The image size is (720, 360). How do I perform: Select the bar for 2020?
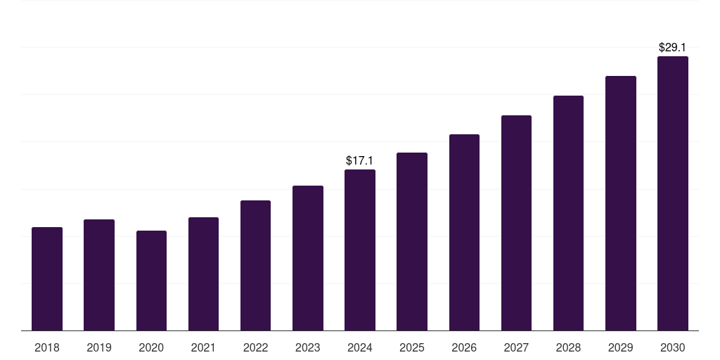(151, 281)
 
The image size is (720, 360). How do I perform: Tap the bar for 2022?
(255, 265)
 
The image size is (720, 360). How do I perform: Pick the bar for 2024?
(360, 250)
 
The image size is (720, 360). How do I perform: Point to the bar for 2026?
(464, 232)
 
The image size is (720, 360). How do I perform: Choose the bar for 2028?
(568, 213)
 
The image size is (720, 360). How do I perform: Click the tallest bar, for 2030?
(673, 193)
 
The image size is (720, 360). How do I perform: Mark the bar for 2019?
(99, 275)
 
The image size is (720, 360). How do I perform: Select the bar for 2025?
(412, 241)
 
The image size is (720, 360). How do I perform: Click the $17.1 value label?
(360, 161)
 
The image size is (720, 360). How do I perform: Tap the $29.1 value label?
(673, 48)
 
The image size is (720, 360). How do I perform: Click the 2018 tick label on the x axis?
(47, 347)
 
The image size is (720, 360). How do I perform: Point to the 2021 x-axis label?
(203, 347)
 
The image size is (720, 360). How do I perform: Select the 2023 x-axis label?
(308, 347)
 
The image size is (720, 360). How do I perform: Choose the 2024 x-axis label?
(360, 347)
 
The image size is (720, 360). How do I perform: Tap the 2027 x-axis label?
(516, 347)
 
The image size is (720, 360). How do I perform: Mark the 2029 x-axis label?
(621, 347)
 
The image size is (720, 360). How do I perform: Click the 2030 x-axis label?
(673, 347)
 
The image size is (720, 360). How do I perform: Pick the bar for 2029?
(621, 203)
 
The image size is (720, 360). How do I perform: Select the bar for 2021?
(203, 274)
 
